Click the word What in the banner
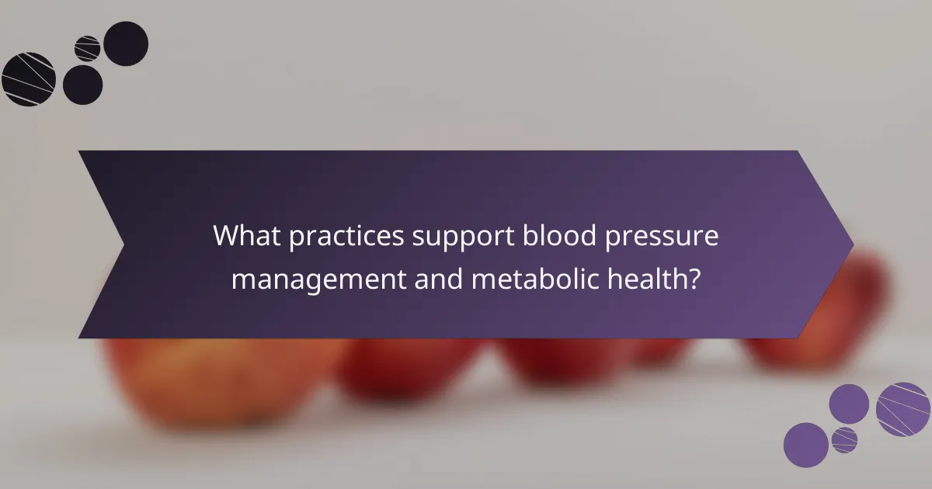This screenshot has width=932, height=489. [248, 236]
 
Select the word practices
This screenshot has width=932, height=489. [346, 238]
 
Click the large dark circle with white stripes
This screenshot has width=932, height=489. [29, 79]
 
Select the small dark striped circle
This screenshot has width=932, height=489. [87, 49]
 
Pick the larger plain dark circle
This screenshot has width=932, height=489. [126, 43]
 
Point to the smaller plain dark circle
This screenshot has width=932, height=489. [82, 85]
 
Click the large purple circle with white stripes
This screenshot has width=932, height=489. [903, 409]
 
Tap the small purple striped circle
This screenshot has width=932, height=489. [844, 439]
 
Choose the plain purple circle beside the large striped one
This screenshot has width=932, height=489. [849, 404]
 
